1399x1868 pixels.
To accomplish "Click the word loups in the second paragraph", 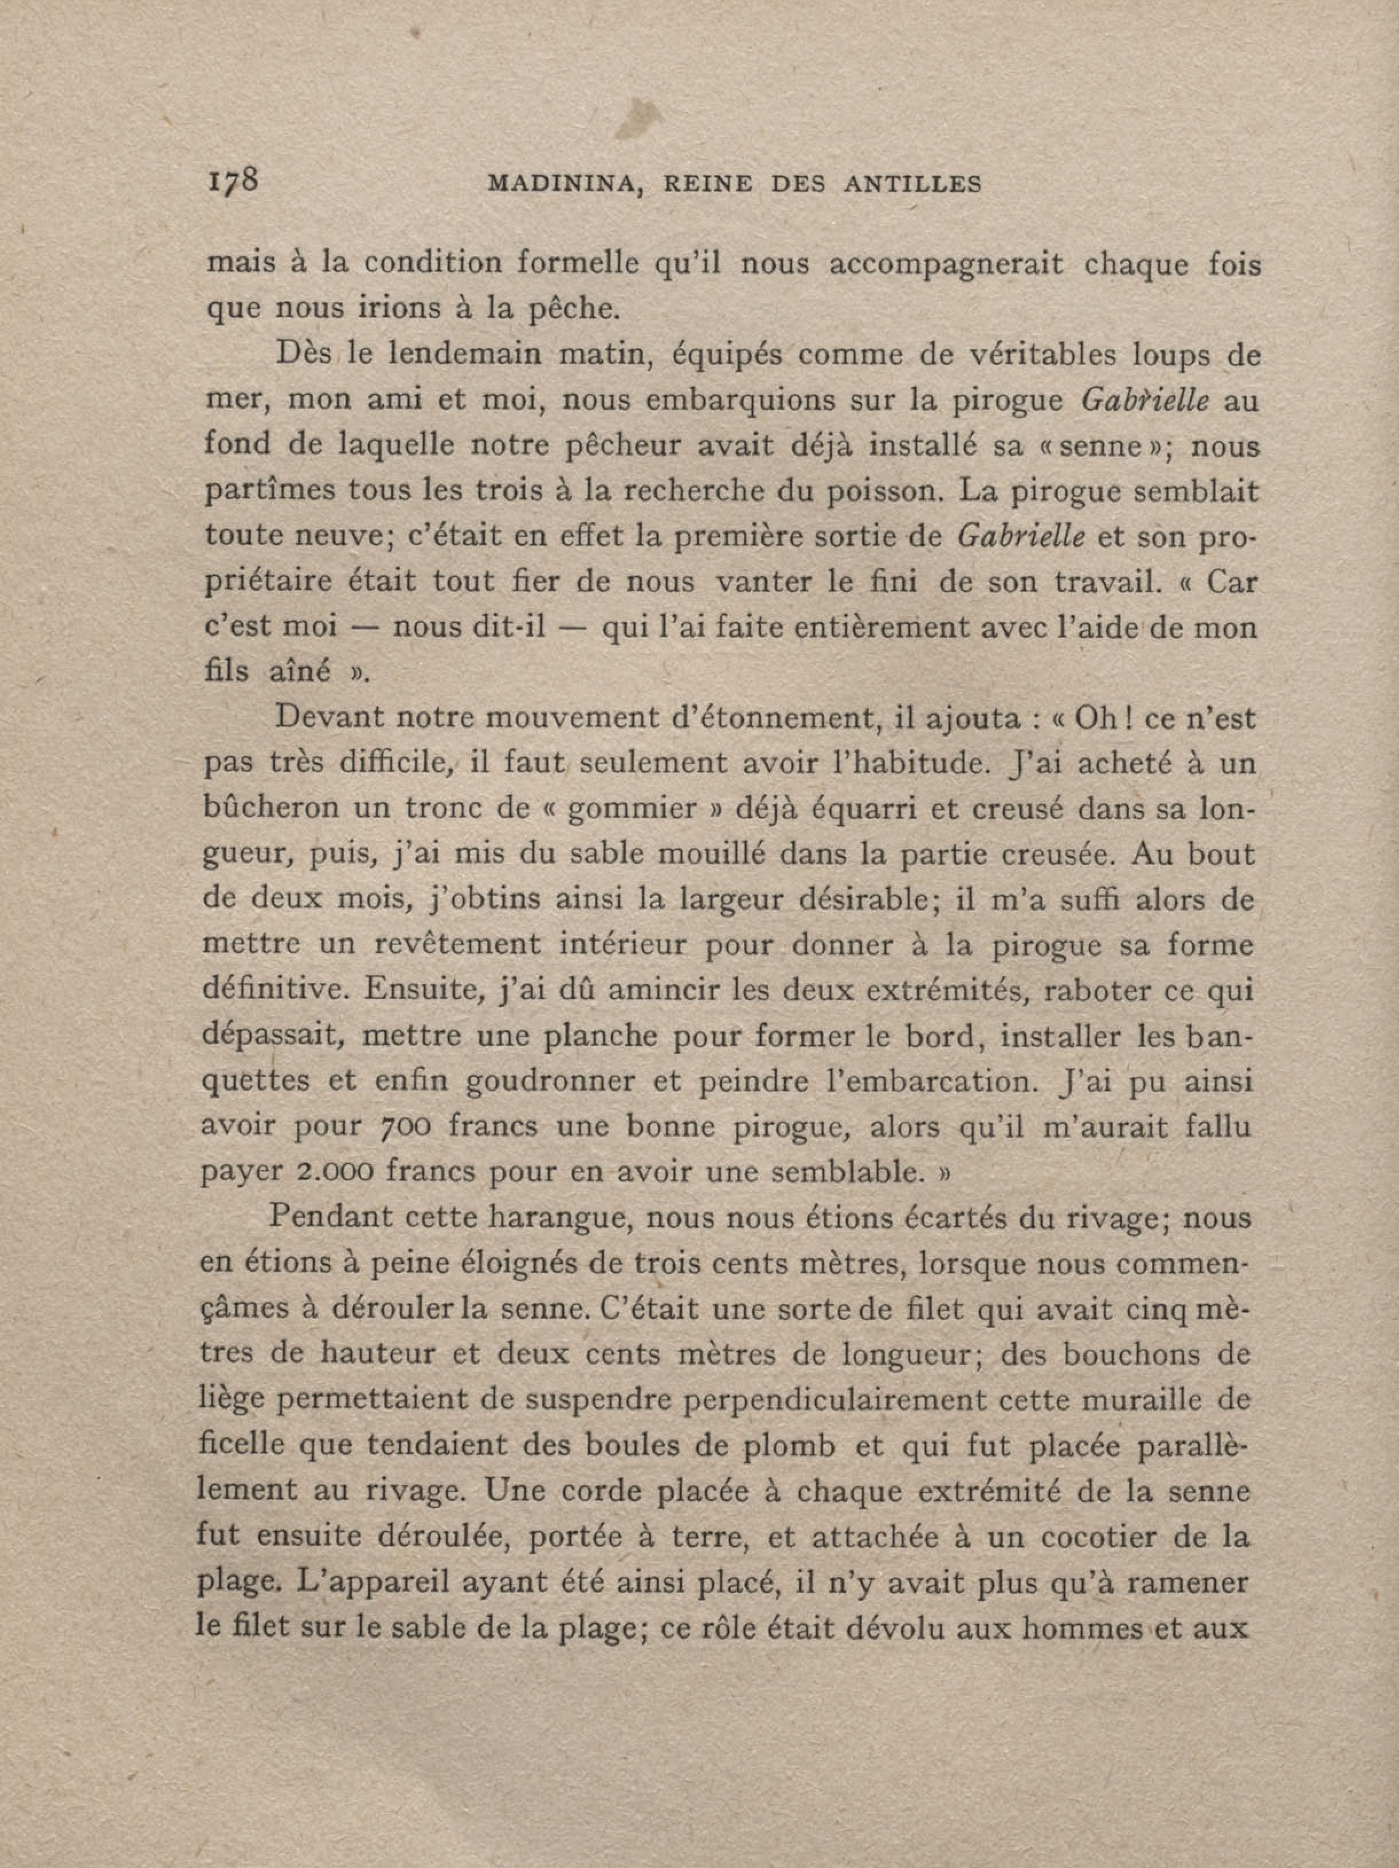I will [1169, 355].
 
